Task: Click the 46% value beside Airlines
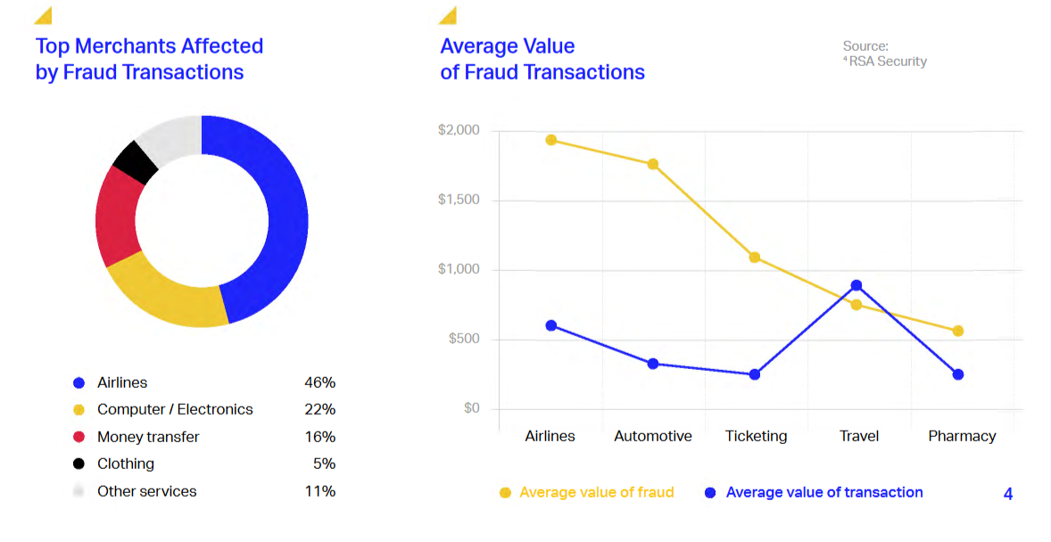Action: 319,382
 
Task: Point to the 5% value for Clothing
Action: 324,464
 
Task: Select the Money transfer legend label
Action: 148,437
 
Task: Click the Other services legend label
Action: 146,491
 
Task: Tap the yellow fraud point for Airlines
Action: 551,140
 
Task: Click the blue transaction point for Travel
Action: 857,285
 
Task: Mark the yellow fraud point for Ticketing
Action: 755,258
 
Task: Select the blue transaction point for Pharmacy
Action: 958,374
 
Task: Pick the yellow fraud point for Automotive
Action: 653,164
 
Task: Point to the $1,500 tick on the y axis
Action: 459,200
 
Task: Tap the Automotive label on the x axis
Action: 653,436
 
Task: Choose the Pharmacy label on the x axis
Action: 962,436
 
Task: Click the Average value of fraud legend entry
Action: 596,492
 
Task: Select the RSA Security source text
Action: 887,62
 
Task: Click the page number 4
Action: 1008,494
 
